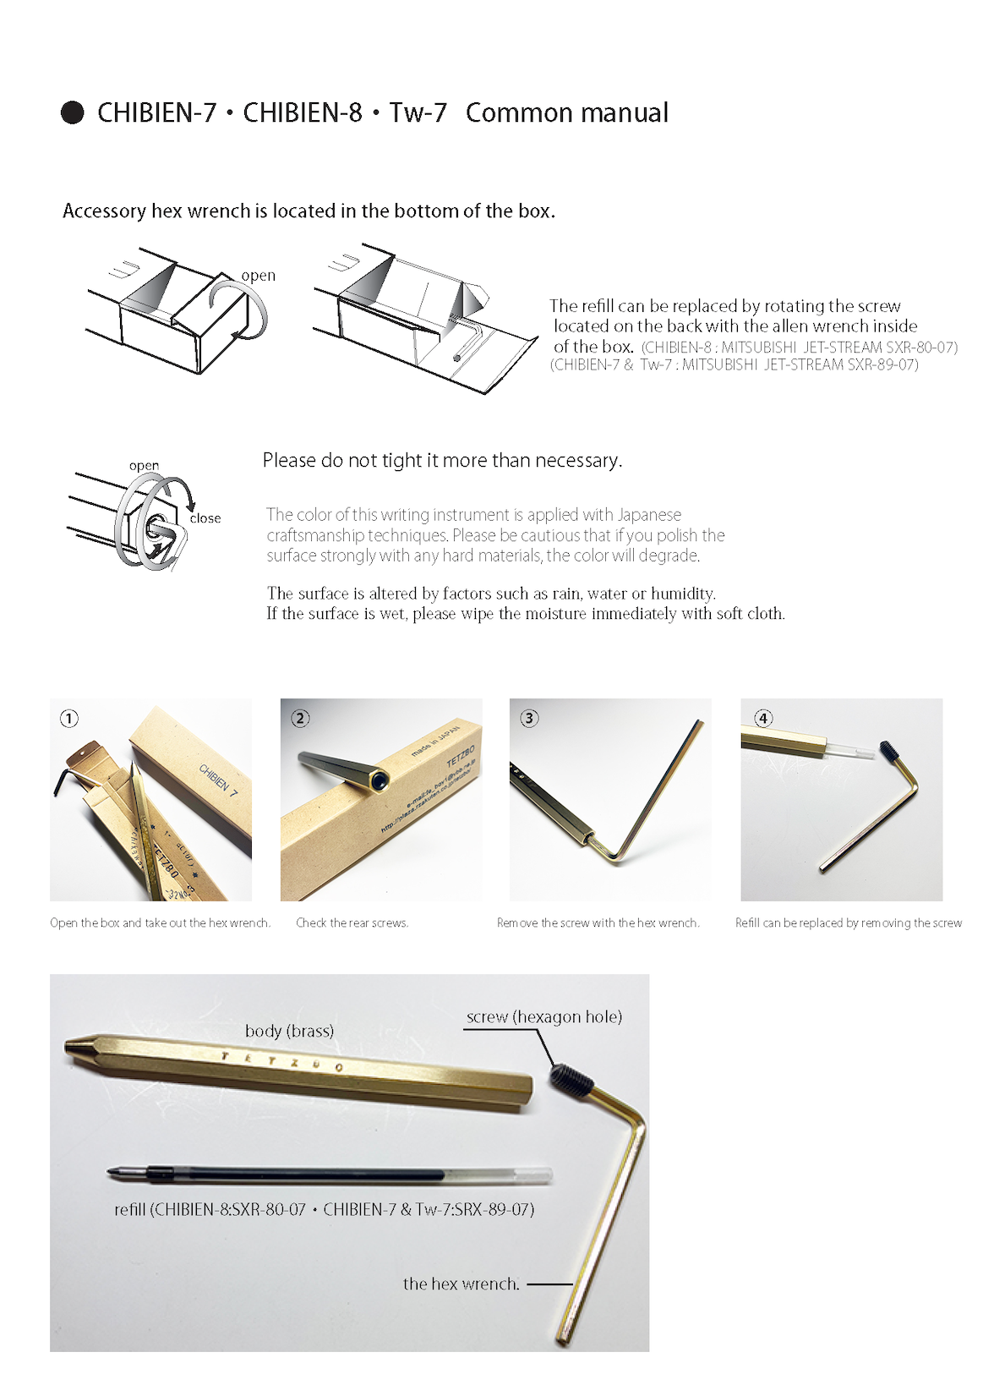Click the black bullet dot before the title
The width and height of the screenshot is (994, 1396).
tap(73, 112)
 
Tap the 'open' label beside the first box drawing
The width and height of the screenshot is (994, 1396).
tap(258, 276)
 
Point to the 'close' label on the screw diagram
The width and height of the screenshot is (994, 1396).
tap(205, 518)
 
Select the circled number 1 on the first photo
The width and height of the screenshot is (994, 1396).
tap(69, 719)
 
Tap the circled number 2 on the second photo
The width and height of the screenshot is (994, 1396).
tap(300, 719)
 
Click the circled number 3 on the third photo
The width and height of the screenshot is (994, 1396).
tap(529, 719)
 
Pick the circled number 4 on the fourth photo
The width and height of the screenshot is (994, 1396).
tap(763, 719)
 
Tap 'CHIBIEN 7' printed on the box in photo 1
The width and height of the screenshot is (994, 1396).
tap(219, 780)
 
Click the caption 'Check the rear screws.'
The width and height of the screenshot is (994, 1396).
tap(352, 923)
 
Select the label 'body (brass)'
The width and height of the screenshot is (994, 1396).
tap(289, 1031)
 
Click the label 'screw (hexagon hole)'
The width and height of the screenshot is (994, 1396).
tap(543, 1017)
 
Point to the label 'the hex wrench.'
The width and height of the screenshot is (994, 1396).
tap(461, 1284)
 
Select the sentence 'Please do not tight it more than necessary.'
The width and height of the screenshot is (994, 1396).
tap(442, 461)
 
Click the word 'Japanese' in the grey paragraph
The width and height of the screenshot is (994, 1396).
tap(649, 515)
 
